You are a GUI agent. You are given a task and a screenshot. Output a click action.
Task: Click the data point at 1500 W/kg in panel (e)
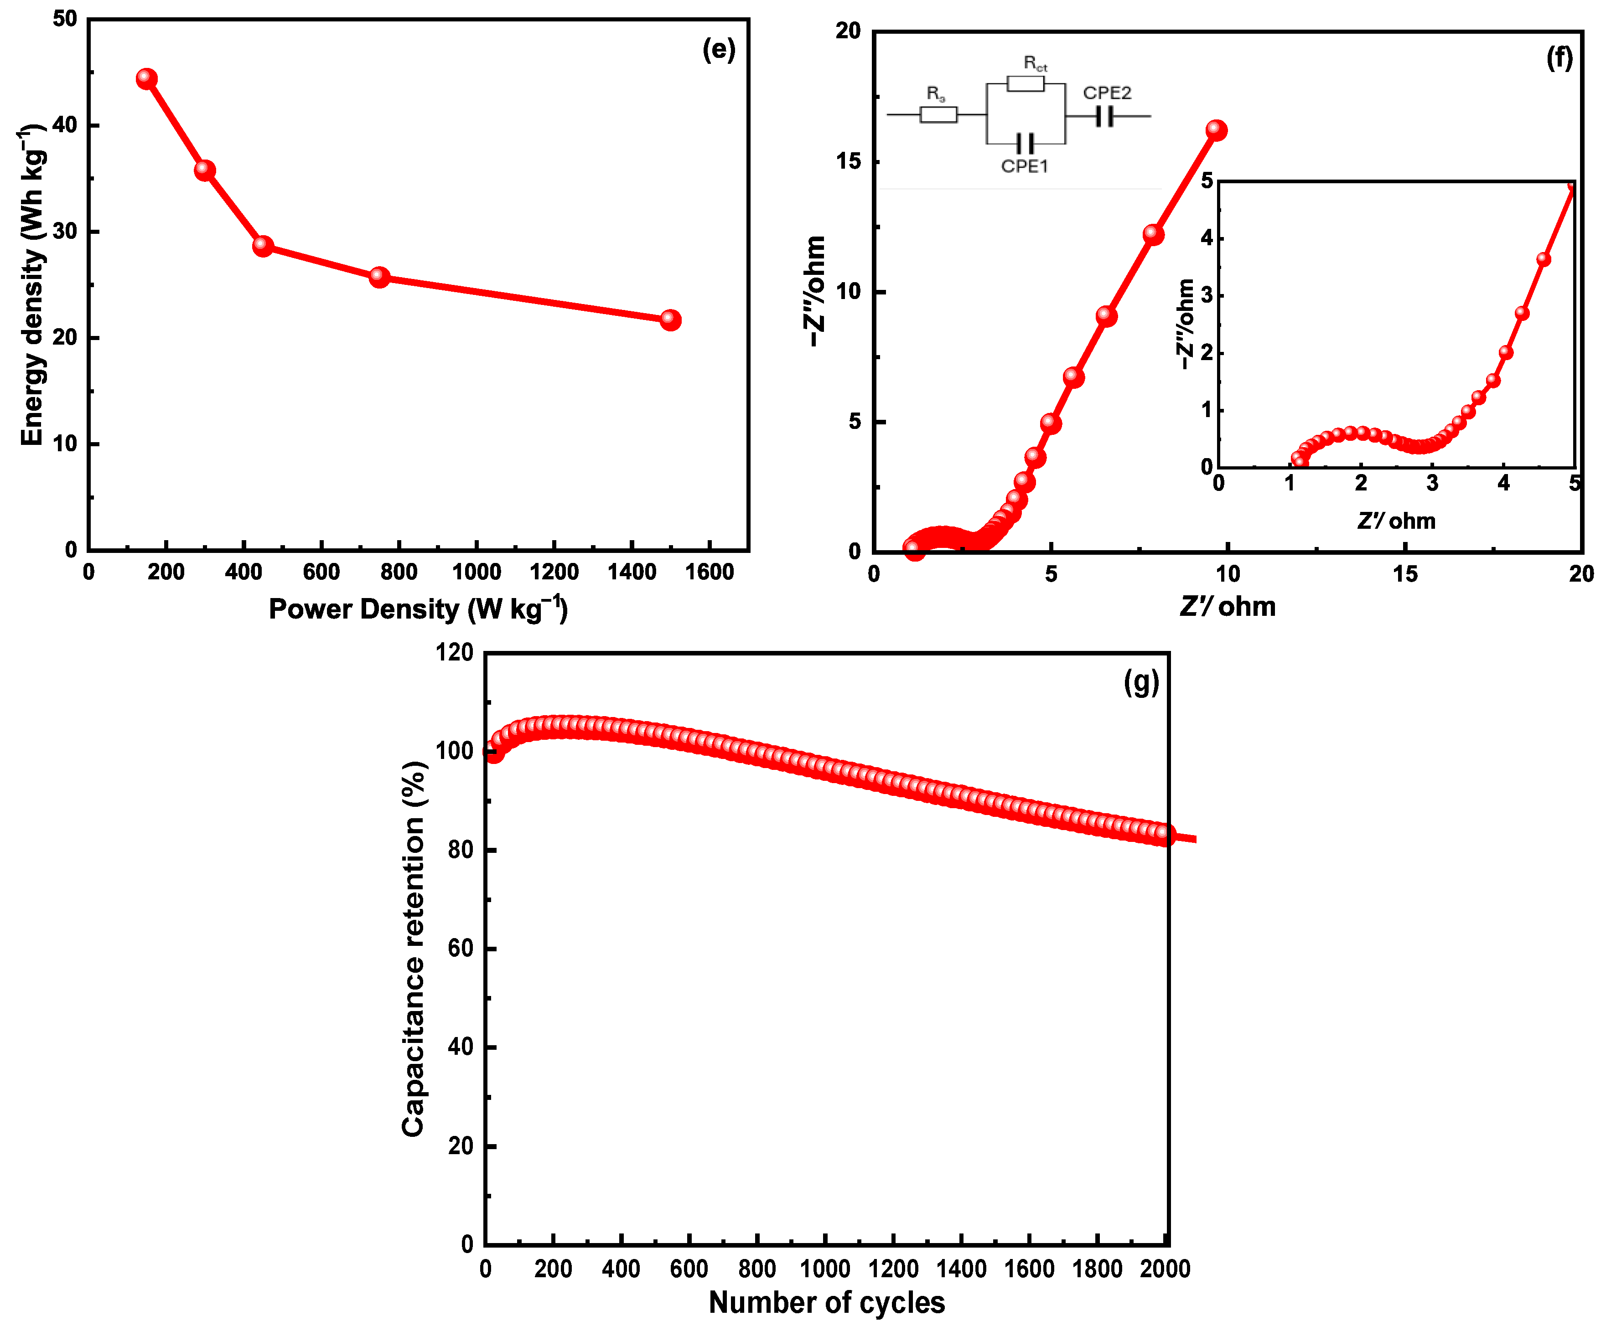670,320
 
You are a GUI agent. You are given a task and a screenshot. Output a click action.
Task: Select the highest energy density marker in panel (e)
147,79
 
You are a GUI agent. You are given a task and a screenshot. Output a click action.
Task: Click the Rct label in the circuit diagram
1035,63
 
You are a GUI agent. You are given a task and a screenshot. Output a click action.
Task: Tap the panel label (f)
1559,58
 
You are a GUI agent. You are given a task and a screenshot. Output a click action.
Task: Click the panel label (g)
1141,681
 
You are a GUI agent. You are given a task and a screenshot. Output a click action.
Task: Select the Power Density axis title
418,609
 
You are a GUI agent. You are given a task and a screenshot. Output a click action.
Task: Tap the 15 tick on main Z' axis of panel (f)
1404,574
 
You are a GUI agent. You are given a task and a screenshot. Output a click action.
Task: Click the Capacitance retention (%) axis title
413,948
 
